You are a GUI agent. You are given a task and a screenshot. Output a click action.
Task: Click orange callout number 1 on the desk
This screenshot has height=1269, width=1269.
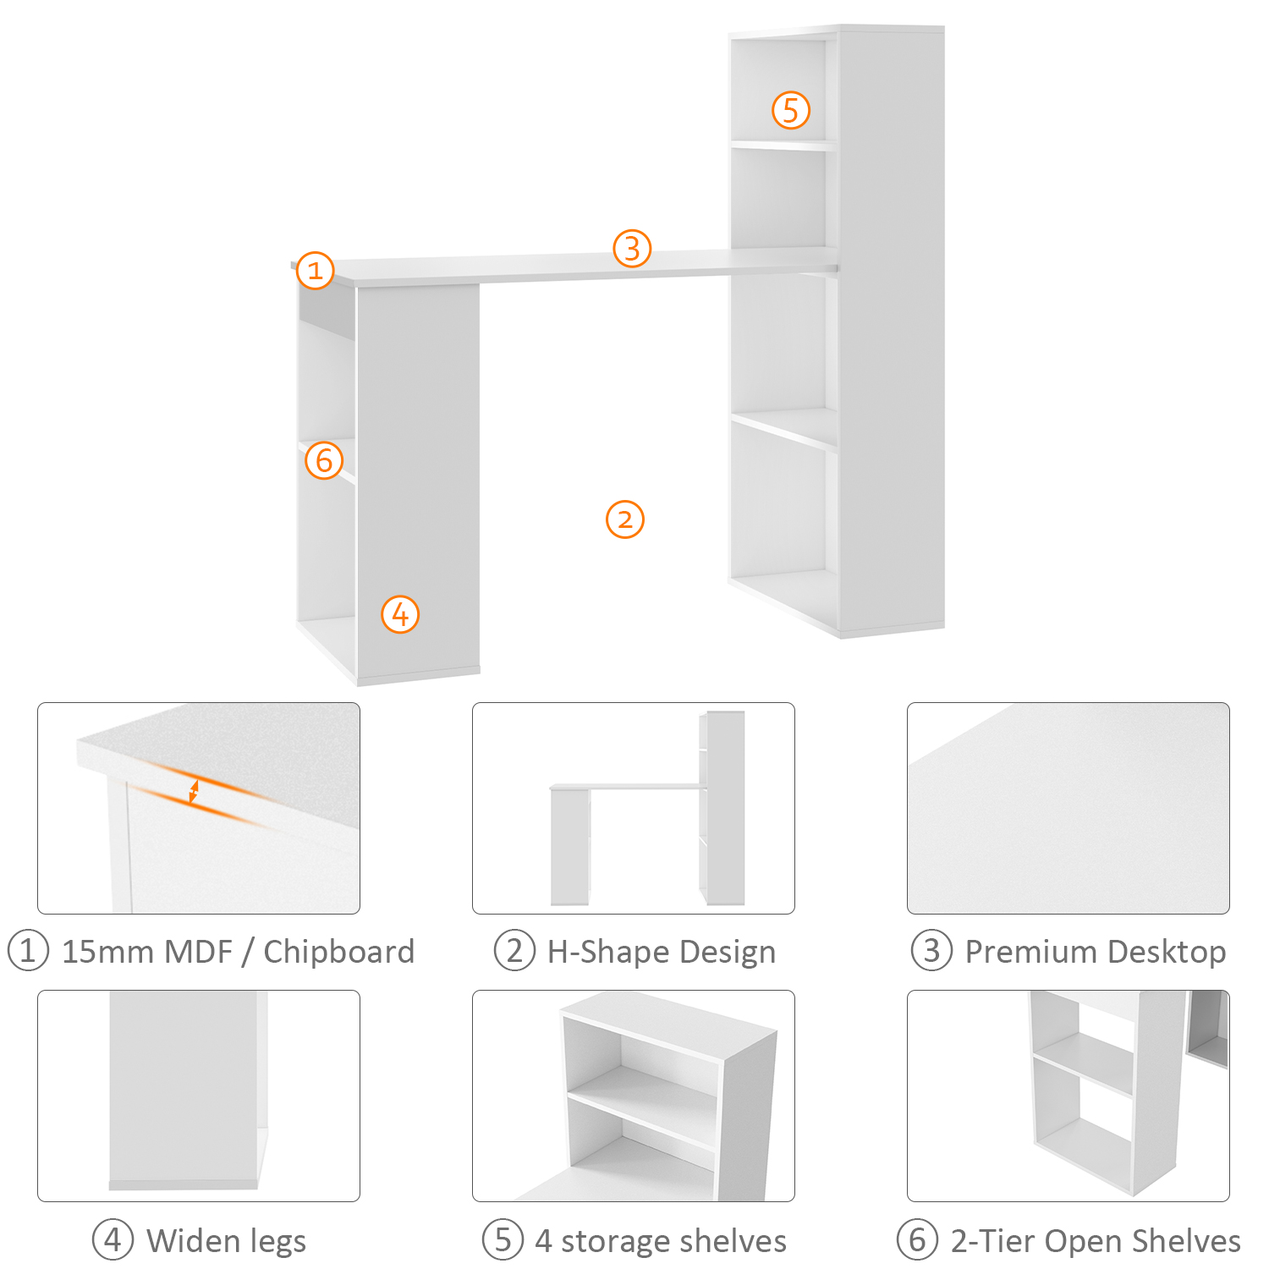[316, 271]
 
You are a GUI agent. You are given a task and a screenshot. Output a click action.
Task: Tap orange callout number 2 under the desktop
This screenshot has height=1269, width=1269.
[625, 519]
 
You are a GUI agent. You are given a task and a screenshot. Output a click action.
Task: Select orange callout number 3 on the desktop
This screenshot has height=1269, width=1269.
[632, 249]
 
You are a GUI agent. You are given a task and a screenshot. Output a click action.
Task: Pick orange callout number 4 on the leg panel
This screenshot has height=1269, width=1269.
[400, 614]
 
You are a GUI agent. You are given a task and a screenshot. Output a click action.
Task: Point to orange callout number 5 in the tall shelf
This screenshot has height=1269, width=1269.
[791, 110]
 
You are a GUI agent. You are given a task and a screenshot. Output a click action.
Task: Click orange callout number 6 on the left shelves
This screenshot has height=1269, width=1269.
[324, 460]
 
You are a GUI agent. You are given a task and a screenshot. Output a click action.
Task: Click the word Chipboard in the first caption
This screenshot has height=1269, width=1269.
[338, 952]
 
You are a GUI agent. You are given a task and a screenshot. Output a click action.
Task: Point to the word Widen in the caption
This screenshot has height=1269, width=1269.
[194, 1241]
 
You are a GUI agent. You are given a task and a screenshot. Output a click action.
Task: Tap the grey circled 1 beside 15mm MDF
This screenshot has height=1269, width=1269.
[28, 951]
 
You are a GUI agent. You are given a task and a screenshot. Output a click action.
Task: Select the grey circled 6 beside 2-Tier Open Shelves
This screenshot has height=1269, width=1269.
[918, 1240]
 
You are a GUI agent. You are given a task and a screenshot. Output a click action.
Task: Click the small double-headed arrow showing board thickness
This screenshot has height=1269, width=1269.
[194, 792]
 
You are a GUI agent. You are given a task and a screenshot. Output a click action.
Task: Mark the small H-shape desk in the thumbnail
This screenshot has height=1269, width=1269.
[648, 808]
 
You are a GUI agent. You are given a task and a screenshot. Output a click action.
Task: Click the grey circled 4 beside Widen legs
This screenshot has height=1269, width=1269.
[113, 1240]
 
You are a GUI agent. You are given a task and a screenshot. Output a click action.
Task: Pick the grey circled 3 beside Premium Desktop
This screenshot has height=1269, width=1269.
[931, 951]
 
